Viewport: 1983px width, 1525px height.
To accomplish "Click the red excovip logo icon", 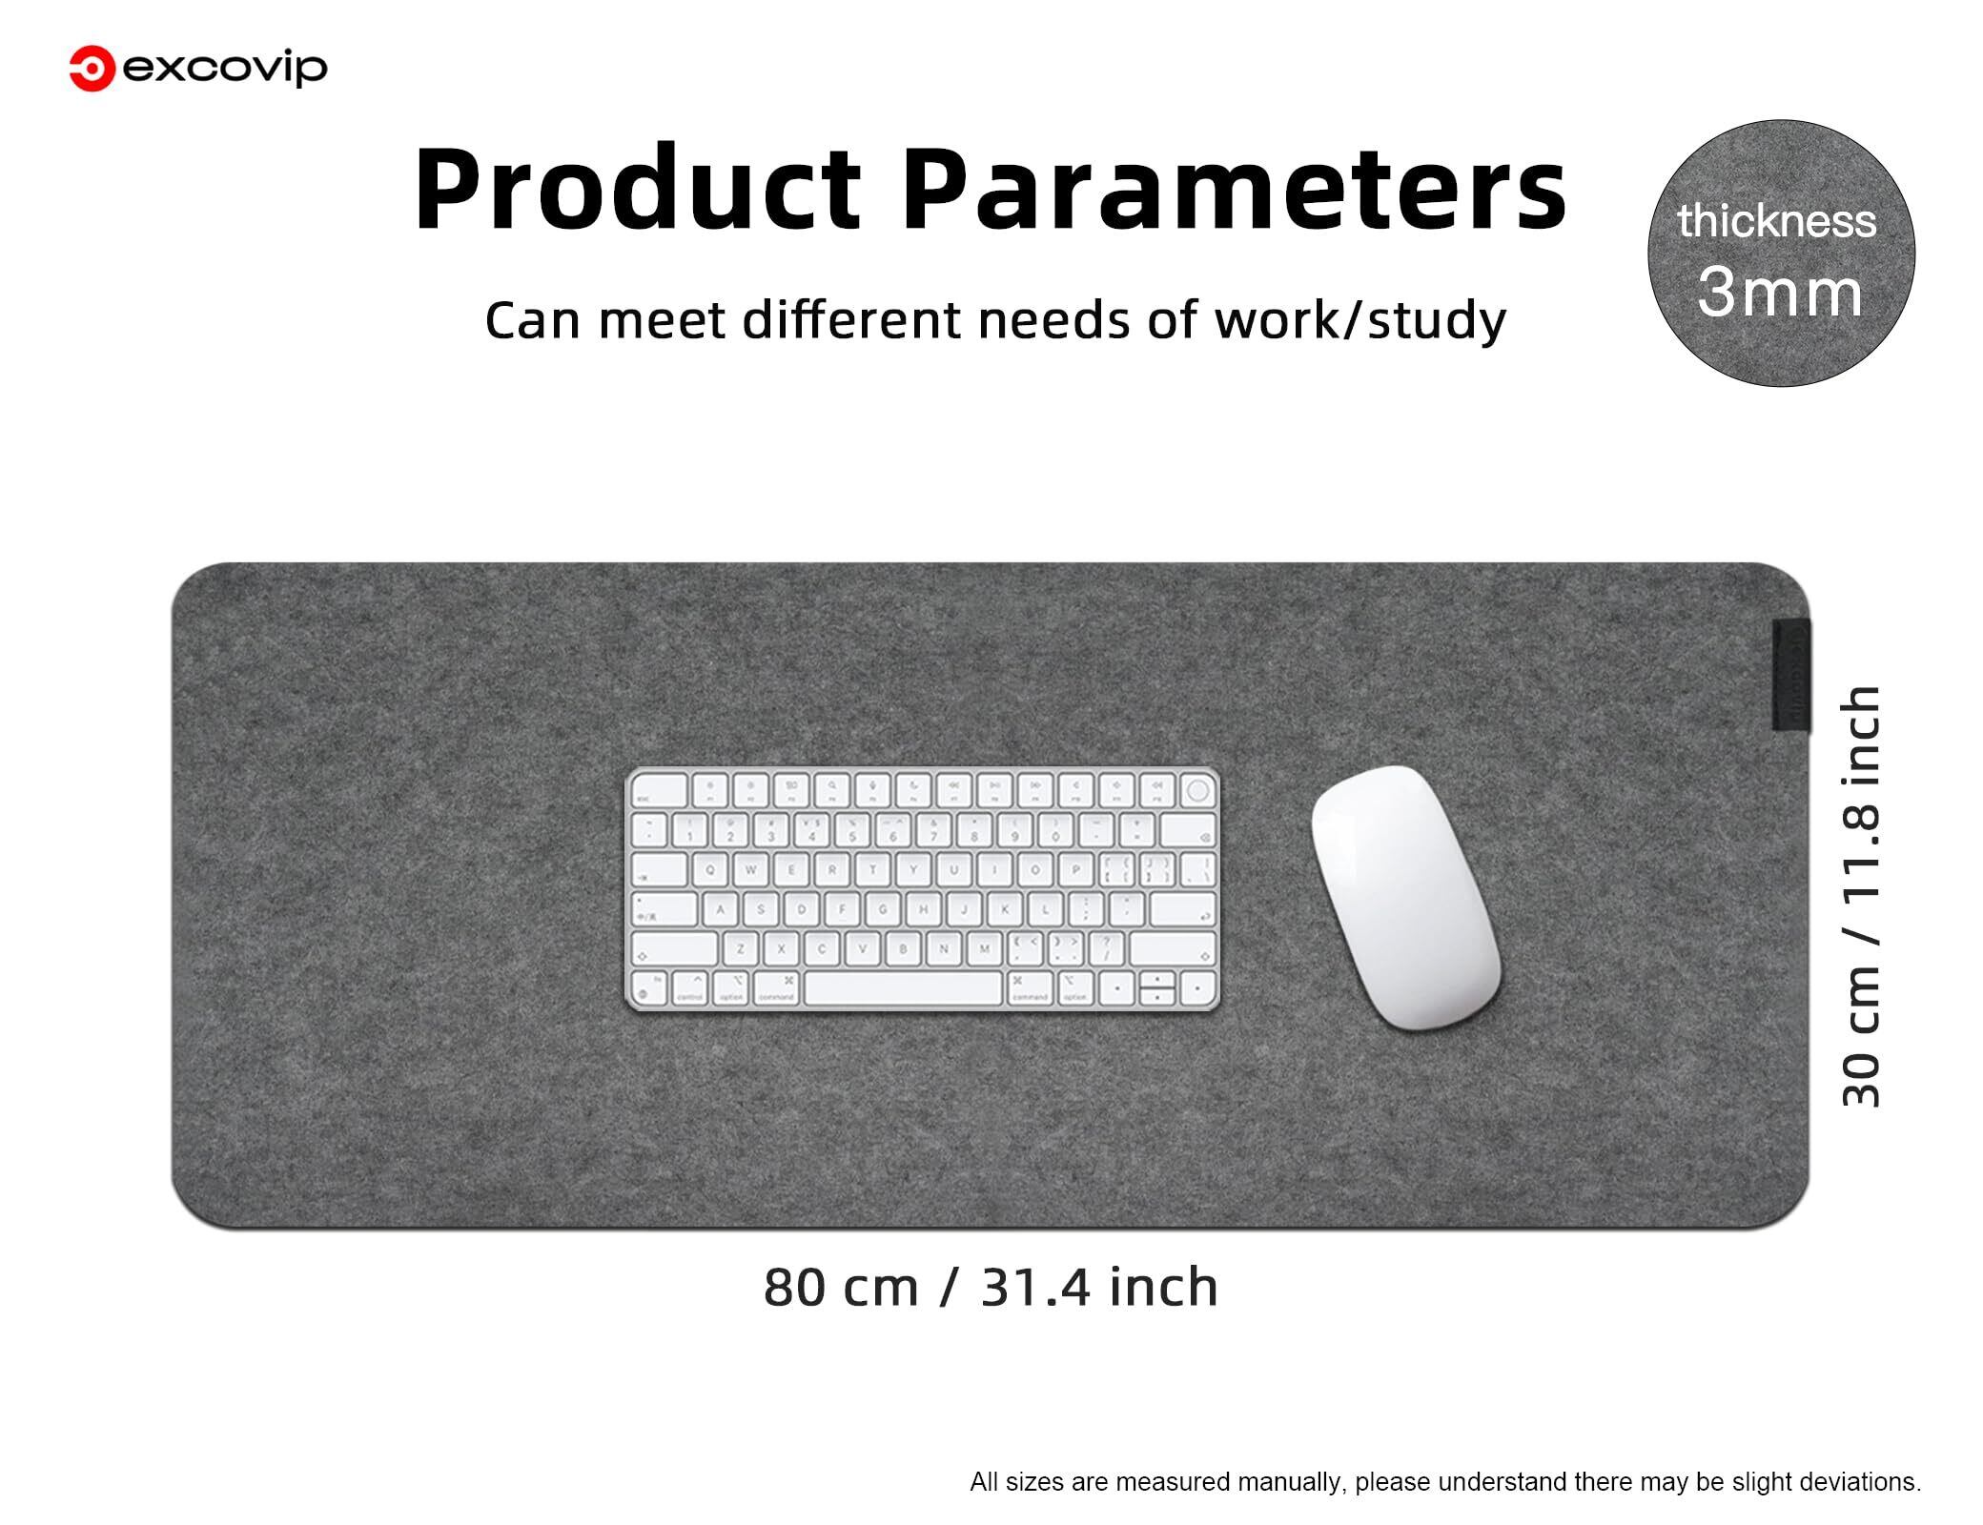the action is (92, 70).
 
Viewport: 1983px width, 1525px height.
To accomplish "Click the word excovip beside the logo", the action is (226, 70).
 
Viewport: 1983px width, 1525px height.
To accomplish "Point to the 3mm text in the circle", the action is (1780, 293).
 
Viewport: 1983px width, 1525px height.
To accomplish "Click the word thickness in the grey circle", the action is (1777, 221).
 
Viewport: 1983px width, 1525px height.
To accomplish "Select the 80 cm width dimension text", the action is (841, 1287).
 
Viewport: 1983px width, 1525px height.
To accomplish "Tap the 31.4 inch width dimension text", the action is (1099, 1287).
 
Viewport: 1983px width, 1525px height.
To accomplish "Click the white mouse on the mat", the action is (1405, 898).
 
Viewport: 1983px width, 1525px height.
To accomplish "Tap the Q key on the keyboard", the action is (710, 869).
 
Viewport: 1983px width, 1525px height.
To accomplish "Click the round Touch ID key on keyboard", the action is (1198, 790).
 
